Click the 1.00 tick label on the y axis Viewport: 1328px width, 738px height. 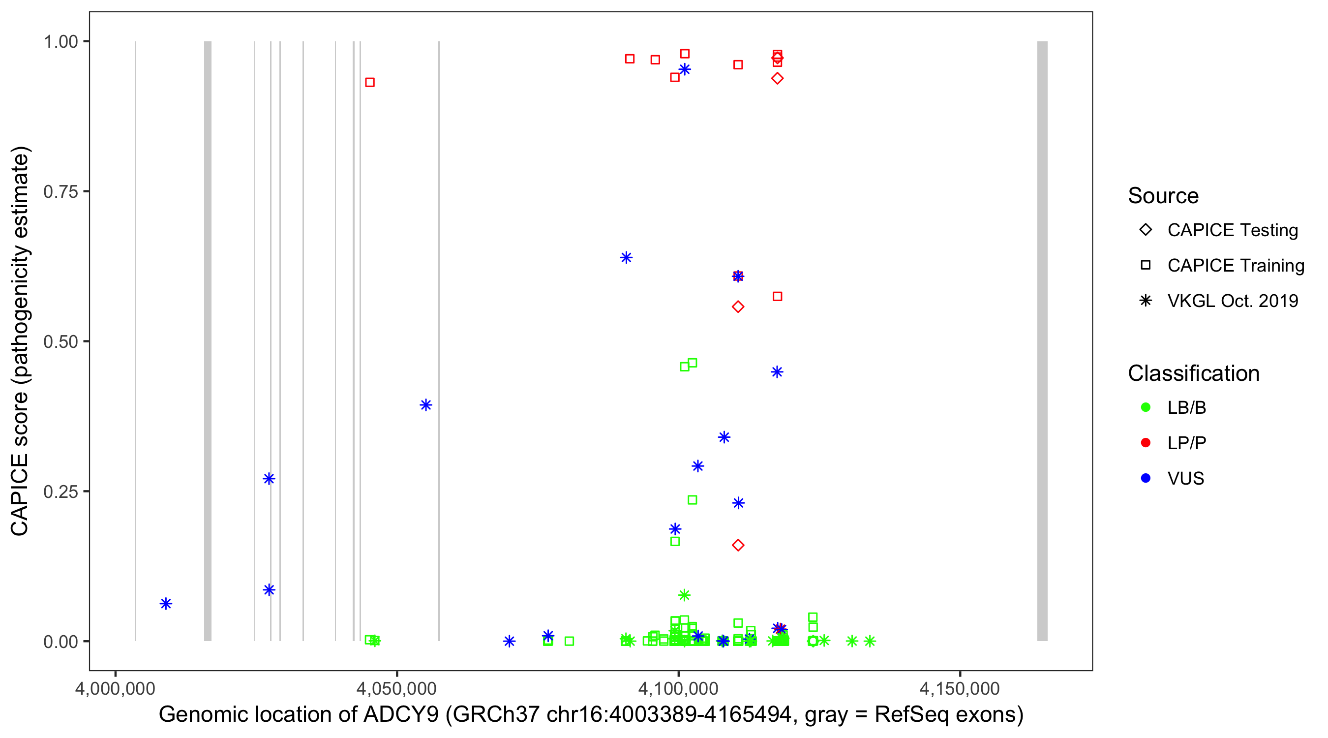click(x=60, y=42)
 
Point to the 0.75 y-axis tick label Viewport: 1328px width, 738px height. click(x=60, y=192)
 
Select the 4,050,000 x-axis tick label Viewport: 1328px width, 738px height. click(x=396, y=688)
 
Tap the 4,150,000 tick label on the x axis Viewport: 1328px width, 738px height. click(x=960, y=688)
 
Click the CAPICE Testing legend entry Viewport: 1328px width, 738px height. click(x=1232, y=230)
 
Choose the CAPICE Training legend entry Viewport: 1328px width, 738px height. click(x=1235, y=266)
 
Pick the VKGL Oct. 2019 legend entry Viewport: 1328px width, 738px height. click(x=1232, y=301)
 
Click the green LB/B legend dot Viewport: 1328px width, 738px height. click(x=1146, y=407)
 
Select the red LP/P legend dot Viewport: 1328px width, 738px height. click(x=1146, y=443)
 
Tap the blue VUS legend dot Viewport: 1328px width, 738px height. click(x=1146, y=478)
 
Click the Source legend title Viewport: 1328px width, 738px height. click(x=1163, y=196)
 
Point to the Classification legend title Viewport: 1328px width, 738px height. click(x=1193, y=373)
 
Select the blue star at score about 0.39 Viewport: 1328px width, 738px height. click(x=426, y=405)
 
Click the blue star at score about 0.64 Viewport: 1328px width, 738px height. click(x=626, y=257)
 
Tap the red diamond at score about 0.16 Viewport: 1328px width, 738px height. click(x=738, y=545)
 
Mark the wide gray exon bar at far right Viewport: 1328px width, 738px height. click(x=1042, y=340)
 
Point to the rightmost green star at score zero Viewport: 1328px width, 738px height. click(x=870, y=641)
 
